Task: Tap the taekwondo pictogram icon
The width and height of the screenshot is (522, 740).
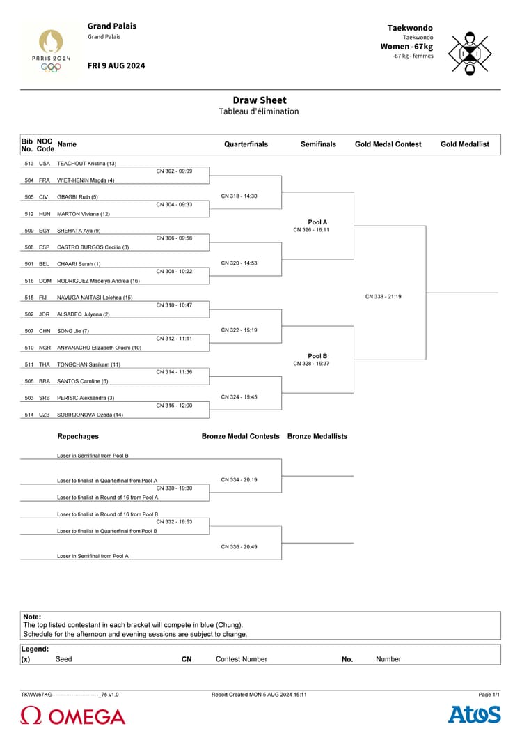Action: point(470,52)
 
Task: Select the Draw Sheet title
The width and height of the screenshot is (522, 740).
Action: point(260,100)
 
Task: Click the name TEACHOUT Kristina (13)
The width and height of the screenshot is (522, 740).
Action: point(86,164)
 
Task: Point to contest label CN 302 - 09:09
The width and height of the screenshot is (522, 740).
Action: point(174,171)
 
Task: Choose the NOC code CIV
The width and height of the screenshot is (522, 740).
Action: point(44,197)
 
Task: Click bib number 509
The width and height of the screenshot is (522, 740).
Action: point(29,231)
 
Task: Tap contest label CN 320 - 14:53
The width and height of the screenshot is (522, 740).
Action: point(239,263)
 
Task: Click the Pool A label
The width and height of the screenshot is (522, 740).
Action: point(317,222)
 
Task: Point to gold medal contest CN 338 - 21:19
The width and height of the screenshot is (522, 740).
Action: point(383,297)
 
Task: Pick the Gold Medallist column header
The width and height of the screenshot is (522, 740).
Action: point(464,144)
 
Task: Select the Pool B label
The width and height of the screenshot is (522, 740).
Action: point(317,356)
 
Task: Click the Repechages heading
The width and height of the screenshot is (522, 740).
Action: point(78,436)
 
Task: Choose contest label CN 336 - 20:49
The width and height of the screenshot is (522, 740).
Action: point(239,547)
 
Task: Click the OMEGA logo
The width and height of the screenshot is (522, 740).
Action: point(73,716)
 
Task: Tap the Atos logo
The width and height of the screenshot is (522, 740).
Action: point(474,715)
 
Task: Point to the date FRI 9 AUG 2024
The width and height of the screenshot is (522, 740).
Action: point(116,65)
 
